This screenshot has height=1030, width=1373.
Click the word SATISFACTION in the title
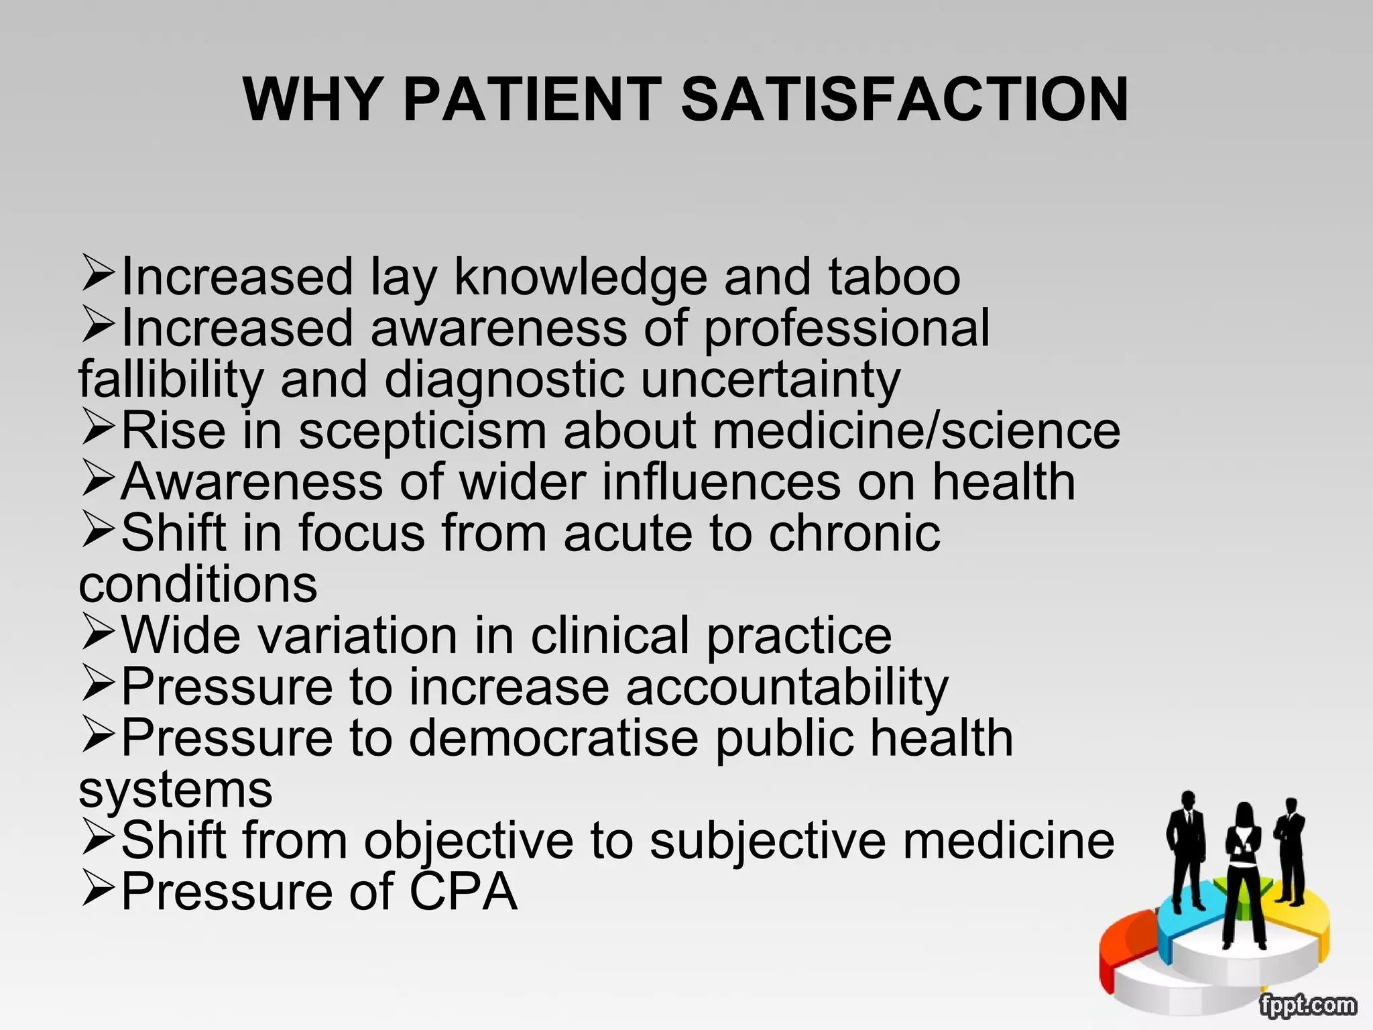904,99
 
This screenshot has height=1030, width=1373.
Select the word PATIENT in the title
532,99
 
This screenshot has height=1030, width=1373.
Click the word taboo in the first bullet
894,276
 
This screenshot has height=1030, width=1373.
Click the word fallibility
171,380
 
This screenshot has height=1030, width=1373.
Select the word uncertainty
770,380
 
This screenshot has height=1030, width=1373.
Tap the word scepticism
422,432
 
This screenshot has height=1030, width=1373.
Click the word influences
721,481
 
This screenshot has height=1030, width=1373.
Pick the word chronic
855,533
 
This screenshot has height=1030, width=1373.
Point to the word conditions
198,584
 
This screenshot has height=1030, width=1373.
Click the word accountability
787,688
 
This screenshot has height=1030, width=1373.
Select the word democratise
554,738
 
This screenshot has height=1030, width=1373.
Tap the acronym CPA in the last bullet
463,892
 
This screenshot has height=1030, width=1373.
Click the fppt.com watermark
1307,1005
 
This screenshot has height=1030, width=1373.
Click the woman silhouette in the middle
1244,872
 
